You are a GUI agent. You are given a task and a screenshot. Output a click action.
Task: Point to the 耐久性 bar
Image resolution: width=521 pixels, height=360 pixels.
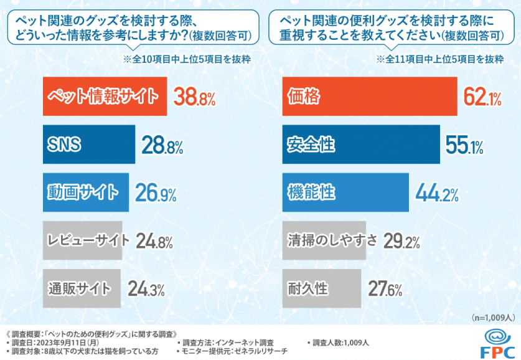(321, 288)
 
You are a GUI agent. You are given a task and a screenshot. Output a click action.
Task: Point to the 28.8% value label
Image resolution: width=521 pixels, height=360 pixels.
(162, 146)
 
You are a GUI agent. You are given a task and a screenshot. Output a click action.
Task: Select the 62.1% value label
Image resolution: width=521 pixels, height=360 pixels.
(483, 97)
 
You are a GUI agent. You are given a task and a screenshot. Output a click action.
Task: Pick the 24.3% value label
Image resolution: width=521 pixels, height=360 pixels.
(146, 289)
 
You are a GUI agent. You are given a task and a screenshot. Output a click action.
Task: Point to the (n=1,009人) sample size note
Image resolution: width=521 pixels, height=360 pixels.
(493, 317)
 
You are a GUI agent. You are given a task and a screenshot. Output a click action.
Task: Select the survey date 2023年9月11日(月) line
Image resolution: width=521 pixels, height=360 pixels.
(53, 343)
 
